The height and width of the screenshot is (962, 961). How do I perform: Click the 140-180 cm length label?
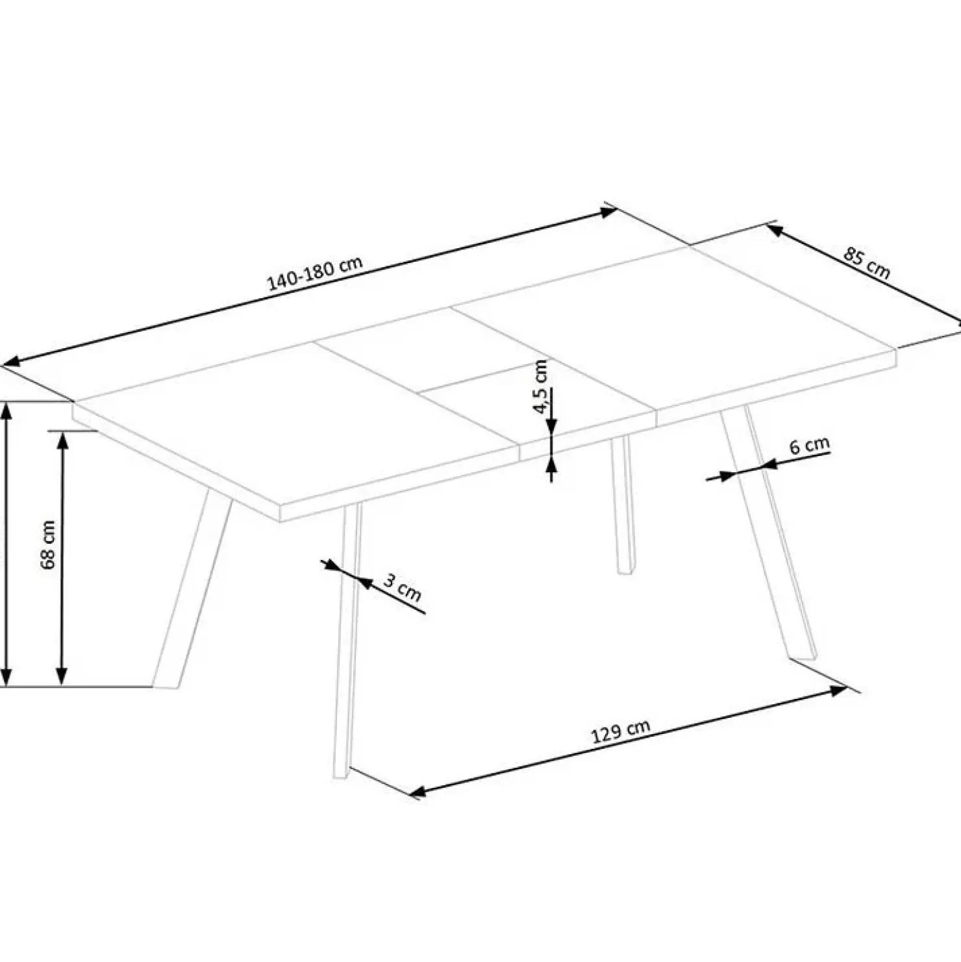[x=314, y=273]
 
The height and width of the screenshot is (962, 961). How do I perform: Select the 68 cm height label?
[x=49, y=544]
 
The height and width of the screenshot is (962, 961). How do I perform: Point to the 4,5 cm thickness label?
[x=540, y=386]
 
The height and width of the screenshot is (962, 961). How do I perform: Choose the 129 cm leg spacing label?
[x=620, y=731]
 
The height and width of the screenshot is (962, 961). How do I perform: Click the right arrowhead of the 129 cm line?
[x=840, y=690]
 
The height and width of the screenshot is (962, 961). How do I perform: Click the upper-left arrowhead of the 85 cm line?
[x=774, y=229]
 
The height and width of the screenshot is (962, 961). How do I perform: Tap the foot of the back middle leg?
[x=626, y=570]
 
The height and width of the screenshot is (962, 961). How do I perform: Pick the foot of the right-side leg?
[x=803, y=657]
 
